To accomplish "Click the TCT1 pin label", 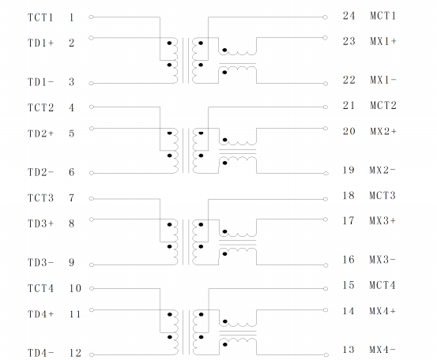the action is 40,17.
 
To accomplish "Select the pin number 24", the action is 349,16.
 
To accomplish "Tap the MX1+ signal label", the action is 383,41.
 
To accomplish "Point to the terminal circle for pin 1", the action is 91,17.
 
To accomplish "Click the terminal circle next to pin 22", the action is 326,84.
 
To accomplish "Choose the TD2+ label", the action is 40,133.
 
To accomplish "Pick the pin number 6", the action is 72,172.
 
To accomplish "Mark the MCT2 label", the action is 383,106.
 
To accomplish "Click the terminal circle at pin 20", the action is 326,129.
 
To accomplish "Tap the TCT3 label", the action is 40,198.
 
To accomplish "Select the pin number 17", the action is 348,221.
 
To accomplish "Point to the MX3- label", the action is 382,260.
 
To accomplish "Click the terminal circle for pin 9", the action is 92,264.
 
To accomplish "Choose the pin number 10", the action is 75,288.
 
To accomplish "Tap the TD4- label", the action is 40,353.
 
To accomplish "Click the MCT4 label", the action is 382,285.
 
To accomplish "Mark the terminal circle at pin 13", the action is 326,355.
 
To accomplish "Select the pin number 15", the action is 348,285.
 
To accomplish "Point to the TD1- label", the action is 40,82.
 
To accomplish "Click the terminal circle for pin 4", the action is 92,107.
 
